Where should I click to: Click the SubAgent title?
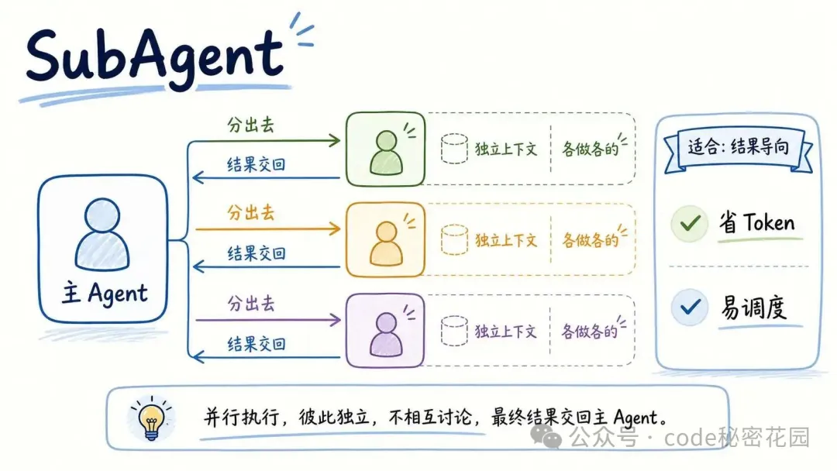[154, 57]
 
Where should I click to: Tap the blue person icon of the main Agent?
[102, 234]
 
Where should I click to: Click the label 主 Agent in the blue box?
[105, 294]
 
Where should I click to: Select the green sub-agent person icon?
[386, 153]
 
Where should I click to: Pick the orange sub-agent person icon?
[386, 243]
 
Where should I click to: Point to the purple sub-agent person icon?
[386, 334]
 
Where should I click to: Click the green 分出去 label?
[250, 125]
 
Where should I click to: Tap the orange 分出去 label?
[250, 212]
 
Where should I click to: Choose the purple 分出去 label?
[250, 304]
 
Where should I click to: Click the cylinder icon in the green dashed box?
[454, 148]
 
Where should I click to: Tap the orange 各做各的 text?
[590, 240]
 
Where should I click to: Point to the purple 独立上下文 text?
[505, 332]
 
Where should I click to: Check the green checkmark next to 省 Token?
[690, 223]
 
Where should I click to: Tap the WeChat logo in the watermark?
[546, 437]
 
